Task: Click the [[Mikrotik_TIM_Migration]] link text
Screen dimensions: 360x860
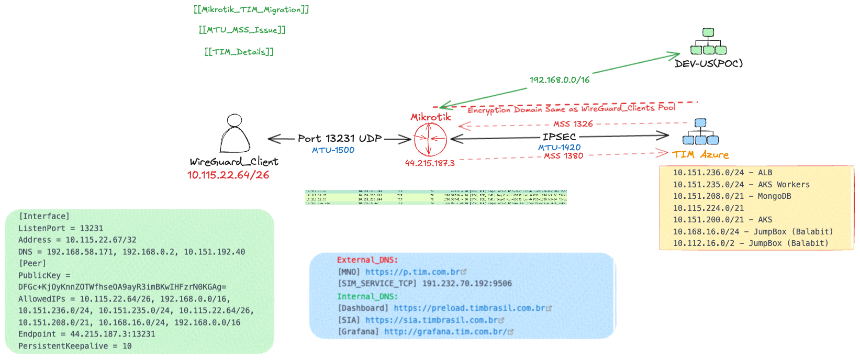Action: [x=251, y=9]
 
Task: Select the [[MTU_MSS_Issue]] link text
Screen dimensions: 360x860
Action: [x=242, y=30]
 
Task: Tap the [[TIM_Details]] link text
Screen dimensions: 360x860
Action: [x=239, y=51]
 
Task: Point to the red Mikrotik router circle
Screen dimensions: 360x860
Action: [x=430, y=139]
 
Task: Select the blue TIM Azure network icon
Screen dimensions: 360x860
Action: [x=700, y=132]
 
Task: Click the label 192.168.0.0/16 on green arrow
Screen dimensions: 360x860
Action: [x=559, y=80]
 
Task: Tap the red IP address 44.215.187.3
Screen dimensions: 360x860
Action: [x=430, y=163]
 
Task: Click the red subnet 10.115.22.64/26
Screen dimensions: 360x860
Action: [x=228, y=175]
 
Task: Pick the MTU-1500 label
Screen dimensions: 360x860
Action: [x=333, y=150]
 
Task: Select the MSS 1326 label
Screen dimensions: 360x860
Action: [x=573, y=124]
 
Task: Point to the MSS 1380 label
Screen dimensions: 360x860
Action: [x=563, y=156]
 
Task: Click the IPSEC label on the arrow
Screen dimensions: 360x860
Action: [x=559, y=137]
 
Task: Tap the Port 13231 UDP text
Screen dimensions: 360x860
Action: [x=340, y=139]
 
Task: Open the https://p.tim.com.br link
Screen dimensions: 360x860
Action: [x=412, y=272]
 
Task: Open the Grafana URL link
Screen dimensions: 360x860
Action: [x=445, y=332]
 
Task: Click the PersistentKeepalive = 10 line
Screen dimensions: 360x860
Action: [x=75, y=346]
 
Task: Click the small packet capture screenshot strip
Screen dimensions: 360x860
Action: [x=436, y=197]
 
